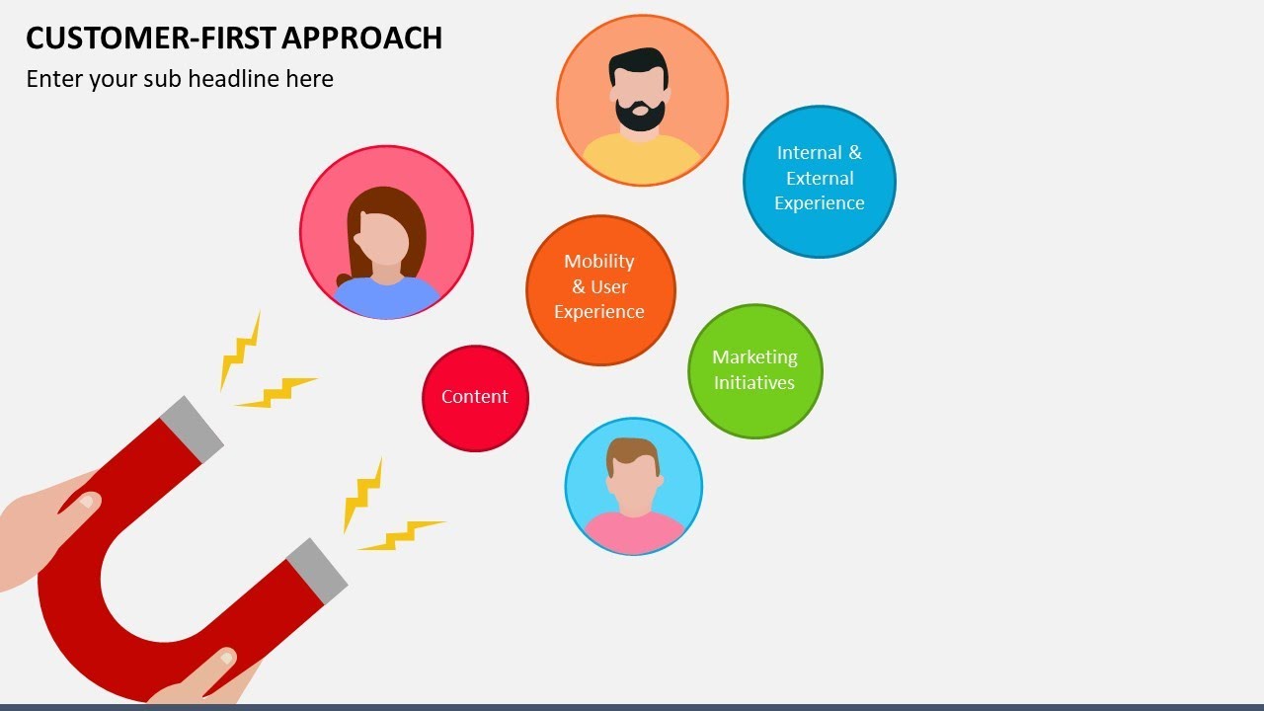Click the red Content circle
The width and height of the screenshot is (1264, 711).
[x=475, y=398]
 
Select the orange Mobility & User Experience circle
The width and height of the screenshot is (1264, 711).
[x=600, y=289]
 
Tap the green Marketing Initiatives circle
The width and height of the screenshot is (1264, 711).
[x=754, y=370]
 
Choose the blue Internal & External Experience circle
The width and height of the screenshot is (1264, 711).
[x=819, y=181]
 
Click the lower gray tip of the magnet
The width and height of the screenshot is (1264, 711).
[x=317, y=570]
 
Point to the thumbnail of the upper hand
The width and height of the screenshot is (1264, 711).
[x=89, y=501]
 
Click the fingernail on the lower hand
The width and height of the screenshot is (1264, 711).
[x=226, y=658]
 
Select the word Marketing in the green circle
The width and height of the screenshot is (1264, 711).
[x=754, y=356]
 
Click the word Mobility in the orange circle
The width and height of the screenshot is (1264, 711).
[x=598, y=262]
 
